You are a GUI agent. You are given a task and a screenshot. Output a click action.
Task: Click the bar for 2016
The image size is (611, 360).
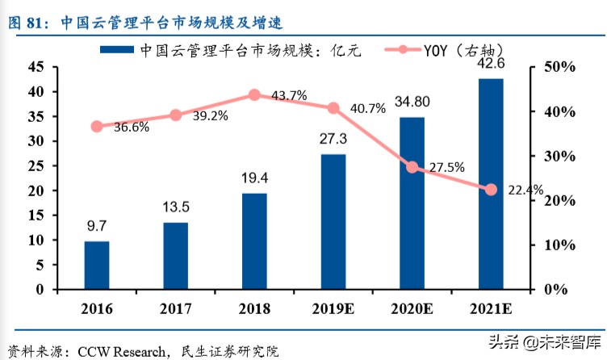pos(97,265)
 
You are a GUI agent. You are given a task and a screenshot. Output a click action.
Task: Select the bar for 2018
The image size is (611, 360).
pos(254,241)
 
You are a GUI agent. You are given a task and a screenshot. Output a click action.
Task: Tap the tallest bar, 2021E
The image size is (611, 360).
pos(490,183)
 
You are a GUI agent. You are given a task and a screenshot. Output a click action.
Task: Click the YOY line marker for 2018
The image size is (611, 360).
pos(254,94)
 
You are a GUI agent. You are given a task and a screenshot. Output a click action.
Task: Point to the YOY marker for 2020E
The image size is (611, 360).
pos(412,167)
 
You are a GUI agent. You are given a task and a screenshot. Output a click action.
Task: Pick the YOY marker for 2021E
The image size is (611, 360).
pos(490,190)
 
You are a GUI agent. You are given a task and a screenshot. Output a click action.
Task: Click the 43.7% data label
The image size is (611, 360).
pos(289,96)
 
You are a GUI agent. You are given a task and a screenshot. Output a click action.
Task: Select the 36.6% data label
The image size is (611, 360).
pos(132,128)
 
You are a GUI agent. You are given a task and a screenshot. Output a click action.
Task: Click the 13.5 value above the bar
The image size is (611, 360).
pos(175,206)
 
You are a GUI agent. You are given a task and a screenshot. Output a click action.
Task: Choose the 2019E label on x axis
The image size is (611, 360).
pos(333,308)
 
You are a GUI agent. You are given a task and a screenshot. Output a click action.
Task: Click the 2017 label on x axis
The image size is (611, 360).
pos(175,308)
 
